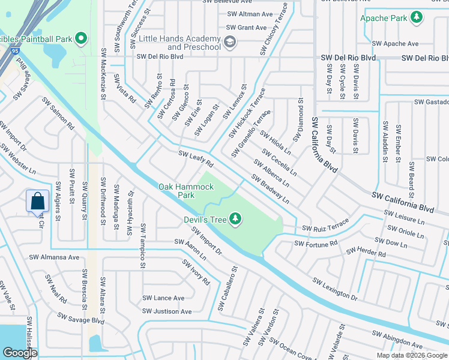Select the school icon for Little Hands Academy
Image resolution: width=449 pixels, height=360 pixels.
coord(230,42)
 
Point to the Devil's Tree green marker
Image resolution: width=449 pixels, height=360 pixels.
coord(236,220)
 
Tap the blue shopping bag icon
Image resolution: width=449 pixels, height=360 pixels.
coord(37,201)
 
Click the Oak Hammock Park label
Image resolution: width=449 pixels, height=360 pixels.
coord(186,191)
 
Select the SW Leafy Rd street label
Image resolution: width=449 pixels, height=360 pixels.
coord(196,159)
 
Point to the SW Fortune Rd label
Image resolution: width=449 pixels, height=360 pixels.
coord(316,243)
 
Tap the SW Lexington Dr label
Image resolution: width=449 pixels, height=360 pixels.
coord(336,288)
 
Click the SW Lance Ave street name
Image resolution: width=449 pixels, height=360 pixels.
coord(163,298)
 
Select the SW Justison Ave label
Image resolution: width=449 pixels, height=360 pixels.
coord(167,311)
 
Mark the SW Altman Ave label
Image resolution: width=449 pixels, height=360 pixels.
coord(249,14)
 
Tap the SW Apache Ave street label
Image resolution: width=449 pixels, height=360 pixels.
coord(395,44)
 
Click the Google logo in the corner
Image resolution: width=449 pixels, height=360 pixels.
coord(20,352)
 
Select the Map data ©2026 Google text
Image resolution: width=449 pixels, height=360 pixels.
coord(412,355)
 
